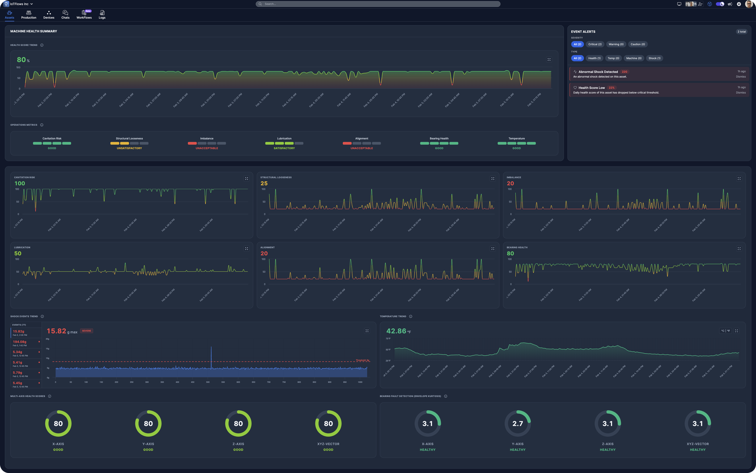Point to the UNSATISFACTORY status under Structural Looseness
click(x=129, y=148)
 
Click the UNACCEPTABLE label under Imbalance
click(x=207, y=148)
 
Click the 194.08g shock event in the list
click(x=20, y=342)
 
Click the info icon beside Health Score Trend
click(x=42, y=45)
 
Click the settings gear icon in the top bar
click(x=739, y=4)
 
